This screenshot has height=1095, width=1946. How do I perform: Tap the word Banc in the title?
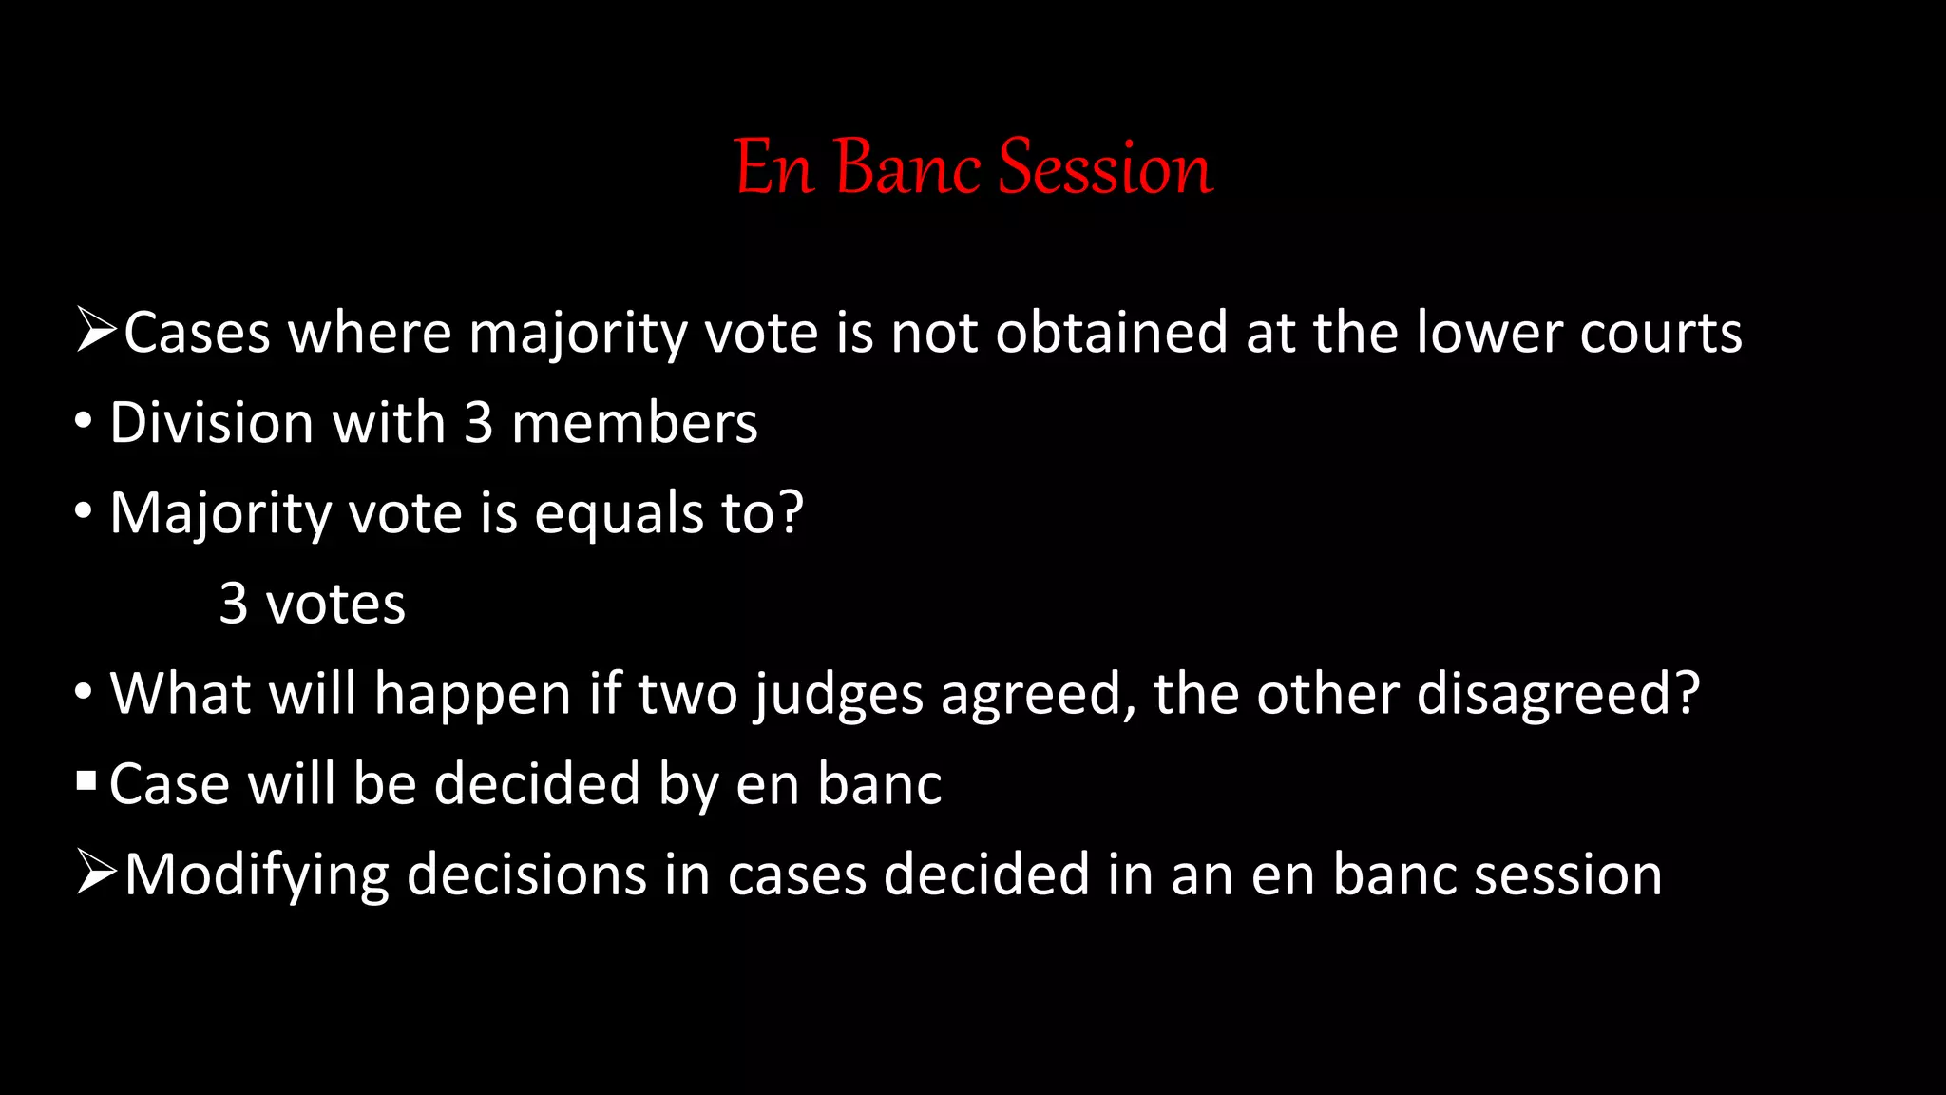tap(907, 167)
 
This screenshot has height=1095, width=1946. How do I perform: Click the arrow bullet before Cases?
tap(96, 331)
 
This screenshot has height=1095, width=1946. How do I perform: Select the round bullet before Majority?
tap(84, 511)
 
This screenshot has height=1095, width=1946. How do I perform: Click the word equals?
tap(618, 514)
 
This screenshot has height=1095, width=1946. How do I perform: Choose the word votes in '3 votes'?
tap(335, 604)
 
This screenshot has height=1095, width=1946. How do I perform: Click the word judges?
tap(839, 695)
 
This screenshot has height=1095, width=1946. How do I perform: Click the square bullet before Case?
tap(86, 781)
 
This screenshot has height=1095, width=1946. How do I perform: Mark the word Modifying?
tap(257, 875)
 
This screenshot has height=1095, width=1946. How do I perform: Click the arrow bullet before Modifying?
tap(96, 873)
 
